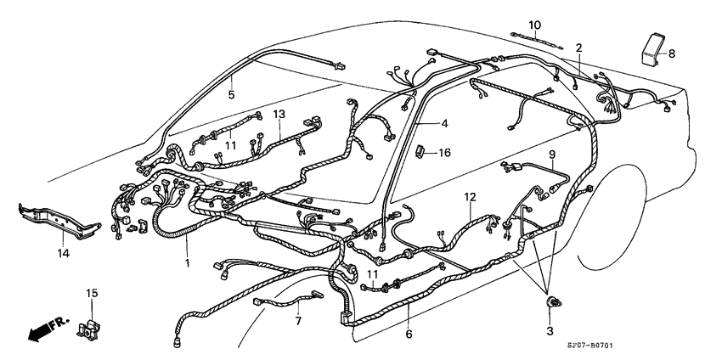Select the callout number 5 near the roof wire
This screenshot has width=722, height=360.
231,95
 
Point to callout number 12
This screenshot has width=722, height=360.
470,197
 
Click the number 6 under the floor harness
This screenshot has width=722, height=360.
409,334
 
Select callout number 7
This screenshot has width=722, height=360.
297,322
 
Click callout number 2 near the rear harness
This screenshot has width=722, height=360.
578,48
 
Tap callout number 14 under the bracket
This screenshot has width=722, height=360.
63,252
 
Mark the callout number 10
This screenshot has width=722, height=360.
534,24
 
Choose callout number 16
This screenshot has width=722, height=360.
443,153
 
